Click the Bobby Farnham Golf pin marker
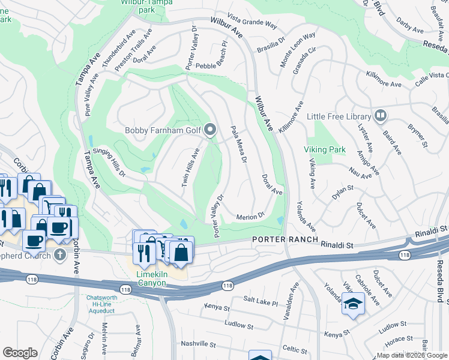point(210,130)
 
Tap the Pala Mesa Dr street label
point(238,144)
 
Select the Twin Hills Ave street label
point(190,167)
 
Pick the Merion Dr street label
point(250,216)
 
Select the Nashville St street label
point(198,344)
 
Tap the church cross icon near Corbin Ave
point(59,255)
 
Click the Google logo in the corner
point(20,353)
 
